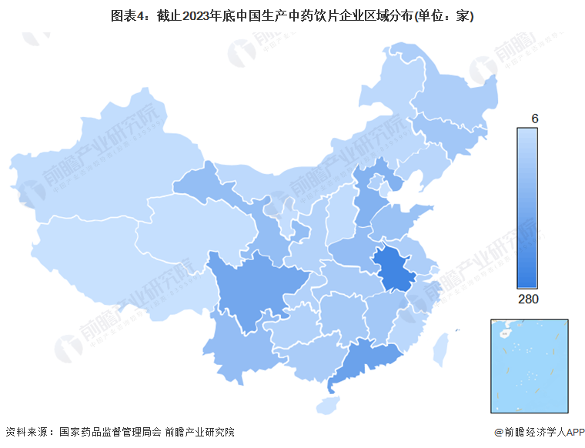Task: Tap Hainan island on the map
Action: point(329,403)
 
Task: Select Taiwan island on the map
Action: point(440,347)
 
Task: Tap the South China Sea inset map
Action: point(529,366)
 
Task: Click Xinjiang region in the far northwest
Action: point(100,177)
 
